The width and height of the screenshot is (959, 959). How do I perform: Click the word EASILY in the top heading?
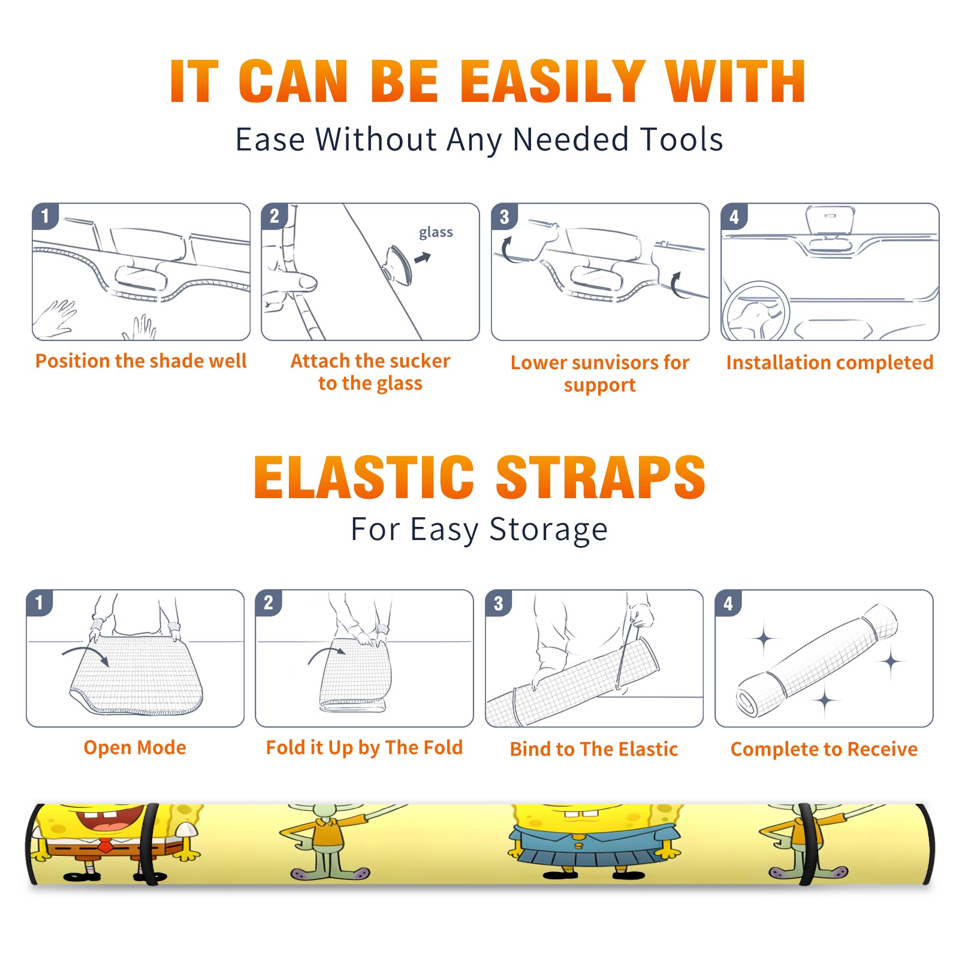pyautogui.click(x=552, y=82)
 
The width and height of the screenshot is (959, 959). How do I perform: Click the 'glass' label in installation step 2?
pyautogui.click(x=436, y=233)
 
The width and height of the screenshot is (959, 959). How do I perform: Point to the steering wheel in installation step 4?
pyautogui.click(x=756, y=311)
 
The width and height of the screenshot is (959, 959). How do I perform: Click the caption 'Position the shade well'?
pyautogui.click(x=141, y=361)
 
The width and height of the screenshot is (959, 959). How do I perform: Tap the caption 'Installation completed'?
pyautogui.click(x=830, y=363)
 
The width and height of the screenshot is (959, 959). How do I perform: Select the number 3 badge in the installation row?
pyautogui.click(x=504, y=216)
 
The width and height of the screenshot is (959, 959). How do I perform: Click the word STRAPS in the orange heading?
pyautogui.click(x=601, y=477)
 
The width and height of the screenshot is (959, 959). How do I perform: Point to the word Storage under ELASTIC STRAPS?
pyautogui.click(x=548, y=530)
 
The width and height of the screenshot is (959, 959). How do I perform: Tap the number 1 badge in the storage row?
pyautogui.click(x=40, y=603)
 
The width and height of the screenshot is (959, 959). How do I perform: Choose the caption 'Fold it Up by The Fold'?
pyautogui.click(x=364, y=748)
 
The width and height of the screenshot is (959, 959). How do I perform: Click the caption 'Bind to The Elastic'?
pyautogui.click(x=594, y=749)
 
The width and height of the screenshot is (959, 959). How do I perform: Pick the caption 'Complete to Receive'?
pyautogui.click(x=824, y=749)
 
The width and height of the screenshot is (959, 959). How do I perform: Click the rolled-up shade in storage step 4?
pyautogui.click(x=817, y=661)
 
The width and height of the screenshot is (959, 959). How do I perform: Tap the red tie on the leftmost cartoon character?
pyautogui.click(x=105, y=846)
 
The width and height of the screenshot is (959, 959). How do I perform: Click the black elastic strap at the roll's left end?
pyautogui.click(x=152, y=844)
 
